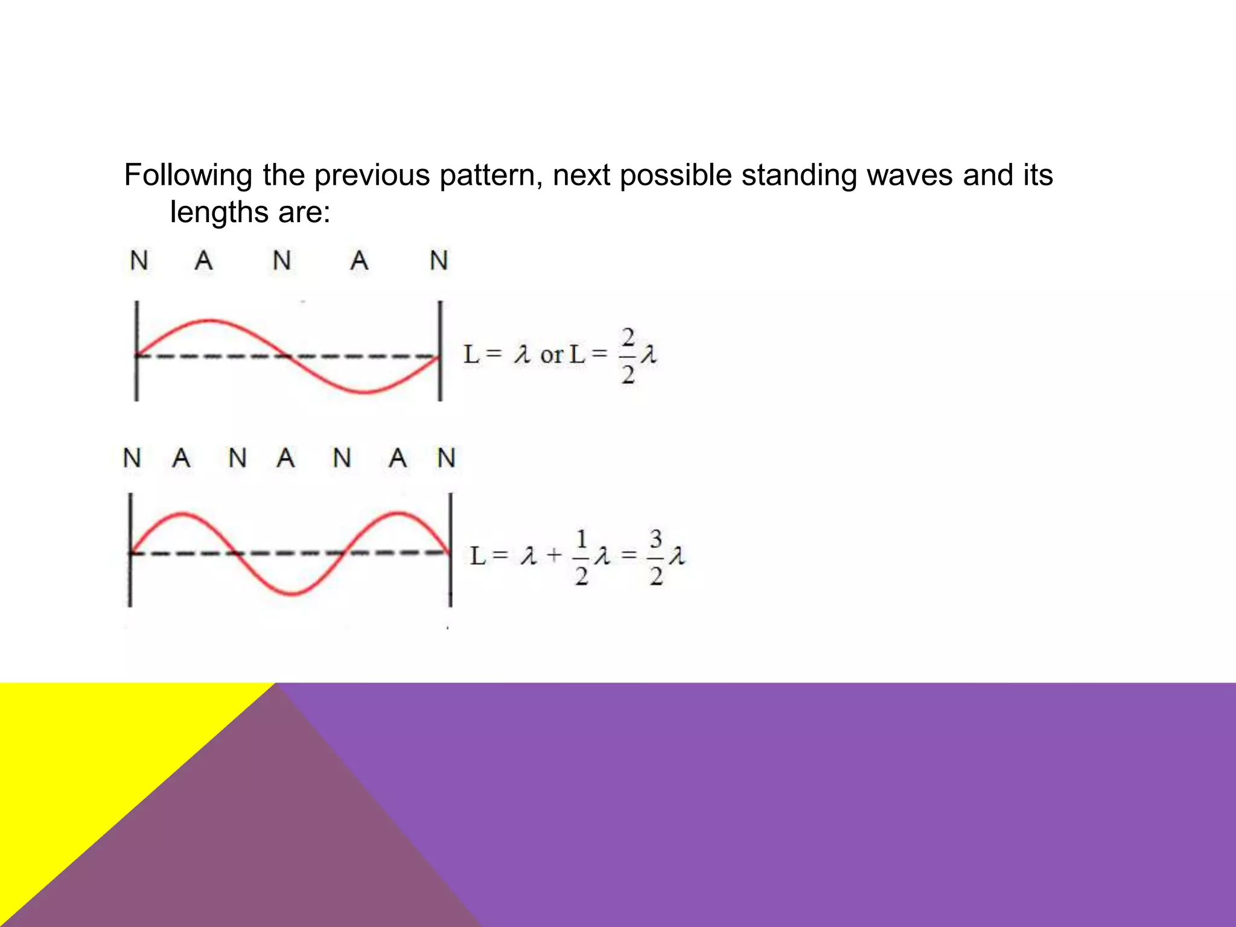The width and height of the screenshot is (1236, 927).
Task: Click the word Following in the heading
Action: click(x=188, y=176)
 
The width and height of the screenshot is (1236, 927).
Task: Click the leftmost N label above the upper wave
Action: click(x=139, y=261)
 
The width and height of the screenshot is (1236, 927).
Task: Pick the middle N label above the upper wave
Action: click(x=282, y=261)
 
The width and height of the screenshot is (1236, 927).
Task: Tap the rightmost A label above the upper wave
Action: click(x=360, y=261)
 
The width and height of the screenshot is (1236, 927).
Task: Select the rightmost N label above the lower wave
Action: click(x=447, y=458)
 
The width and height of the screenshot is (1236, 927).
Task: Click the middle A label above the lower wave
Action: click(x=285, y=458)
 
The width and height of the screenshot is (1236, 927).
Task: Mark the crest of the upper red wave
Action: click(x=209, y=321)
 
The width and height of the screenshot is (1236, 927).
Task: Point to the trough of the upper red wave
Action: click(x=366, y=392)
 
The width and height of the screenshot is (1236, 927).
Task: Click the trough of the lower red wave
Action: click(x=291, y=594)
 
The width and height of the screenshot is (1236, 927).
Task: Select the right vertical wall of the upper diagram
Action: click(x=440, y=351)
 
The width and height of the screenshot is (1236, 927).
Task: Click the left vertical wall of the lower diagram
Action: click(x=130, y=549)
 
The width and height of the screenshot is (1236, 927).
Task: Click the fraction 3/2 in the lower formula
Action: click(x=656, y=556)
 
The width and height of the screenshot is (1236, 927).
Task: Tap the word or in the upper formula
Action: click(x=552, y=355)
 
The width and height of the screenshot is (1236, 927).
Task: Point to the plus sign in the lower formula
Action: click(x=554, y=555)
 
